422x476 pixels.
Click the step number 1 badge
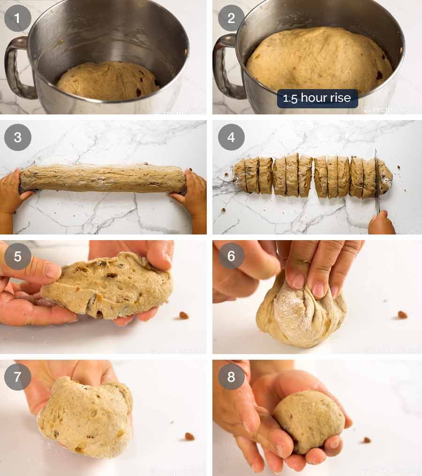click(18, 18)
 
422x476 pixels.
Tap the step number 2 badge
click(231, 18)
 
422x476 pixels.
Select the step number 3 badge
click(18, 137)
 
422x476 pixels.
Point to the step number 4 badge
click(231, 137)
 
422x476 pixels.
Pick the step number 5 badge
click(18, 256)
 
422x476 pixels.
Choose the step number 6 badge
click(231, 256)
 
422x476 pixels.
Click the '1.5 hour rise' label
click(317, 98)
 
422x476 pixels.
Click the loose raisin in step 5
click(183, 315)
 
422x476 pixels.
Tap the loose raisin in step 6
click(402, 315)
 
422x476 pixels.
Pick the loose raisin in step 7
click(189, 436)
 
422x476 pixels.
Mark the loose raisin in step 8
click(366, 440)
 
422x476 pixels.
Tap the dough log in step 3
click(103, 178)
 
